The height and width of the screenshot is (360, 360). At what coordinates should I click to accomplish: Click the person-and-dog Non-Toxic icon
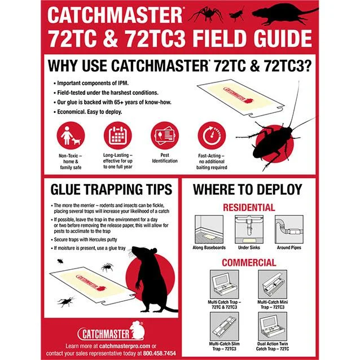pyautogui.click(x=71, y=135)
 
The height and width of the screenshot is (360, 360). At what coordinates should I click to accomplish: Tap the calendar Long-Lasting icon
pyautogui.click(x=118, y=135)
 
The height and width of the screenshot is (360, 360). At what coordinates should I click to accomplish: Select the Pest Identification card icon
pyautogui.click(x=165, y=135)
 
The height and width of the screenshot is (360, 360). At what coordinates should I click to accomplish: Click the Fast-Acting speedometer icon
pyautogui.click(x=212, y=135)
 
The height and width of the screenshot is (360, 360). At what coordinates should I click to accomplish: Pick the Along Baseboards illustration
pyautogui.click(x=209, y=229)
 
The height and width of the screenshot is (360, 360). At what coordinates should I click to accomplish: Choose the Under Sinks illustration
pyautogui.click(x=249, y=229)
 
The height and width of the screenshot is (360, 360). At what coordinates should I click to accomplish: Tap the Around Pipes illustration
pyautogui.click(x=289, y=229)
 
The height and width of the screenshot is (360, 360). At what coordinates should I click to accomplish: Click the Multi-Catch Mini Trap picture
pyautogui.click(x=273, y=284)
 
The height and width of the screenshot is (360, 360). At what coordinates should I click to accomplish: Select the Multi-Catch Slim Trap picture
pyautogui.click(x=225, y=326)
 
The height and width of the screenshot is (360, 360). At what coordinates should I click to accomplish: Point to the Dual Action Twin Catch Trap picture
pyautogui.click(x=273, y=326)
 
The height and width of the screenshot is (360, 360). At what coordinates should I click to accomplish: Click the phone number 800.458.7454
pyautogui.click(x=160, y=353)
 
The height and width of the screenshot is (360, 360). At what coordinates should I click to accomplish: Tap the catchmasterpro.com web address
pyautogui.click(x=125, y=346)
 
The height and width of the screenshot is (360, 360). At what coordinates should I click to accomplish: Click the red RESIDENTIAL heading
pyautogui.click(x=249, y=208)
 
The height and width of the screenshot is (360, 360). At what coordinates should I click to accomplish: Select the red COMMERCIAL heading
pyautogui.click(x=249, y=262)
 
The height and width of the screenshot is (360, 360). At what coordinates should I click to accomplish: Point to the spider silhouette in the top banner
pyautogui.click(x=206, y=14)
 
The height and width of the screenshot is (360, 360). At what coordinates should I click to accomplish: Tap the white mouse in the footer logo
pyautogui.click(x=137, y=330)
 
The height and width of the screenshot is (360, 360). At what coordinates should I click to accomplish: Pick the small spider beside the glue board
pyautogui.click(x=107, y=267)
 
